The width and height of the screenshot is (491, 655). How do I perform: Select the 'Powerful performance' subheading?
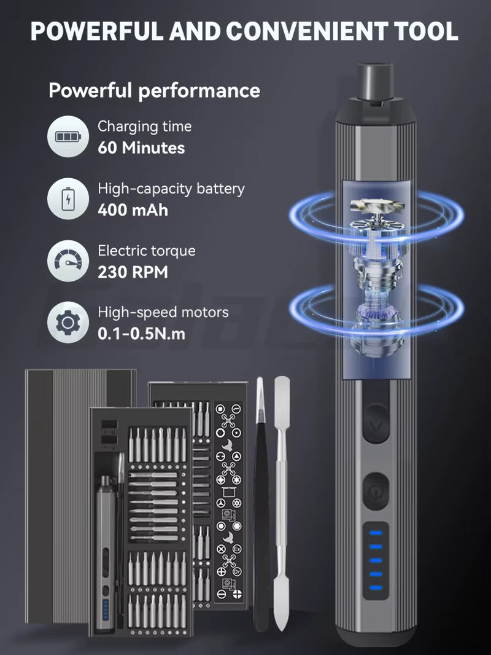click(154, 91)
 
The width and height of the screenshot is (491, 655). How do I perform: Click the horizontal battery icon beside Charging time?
click(68, 136)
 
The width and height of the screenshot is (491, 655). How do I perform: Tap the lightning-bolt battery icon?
click(68, 198)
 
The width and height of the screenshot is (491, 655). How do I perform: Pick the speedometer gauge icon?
click(68, 261)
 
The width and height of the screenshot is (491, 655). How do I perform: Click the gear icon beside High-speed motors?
click(68, 322)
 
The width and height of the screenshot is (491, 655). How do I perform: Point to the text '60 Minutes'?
click(141, 147)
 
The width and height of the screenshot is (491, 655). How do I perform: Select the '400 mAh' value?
click(133, 210)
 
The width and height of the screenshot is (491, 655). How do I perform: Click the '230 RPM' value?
click(133, 272)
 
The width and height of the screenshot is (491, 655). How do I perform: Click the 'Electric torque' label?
click(147, 251)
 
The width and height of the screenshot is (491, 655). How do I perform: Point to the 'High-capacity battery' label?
click(171, 189)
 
